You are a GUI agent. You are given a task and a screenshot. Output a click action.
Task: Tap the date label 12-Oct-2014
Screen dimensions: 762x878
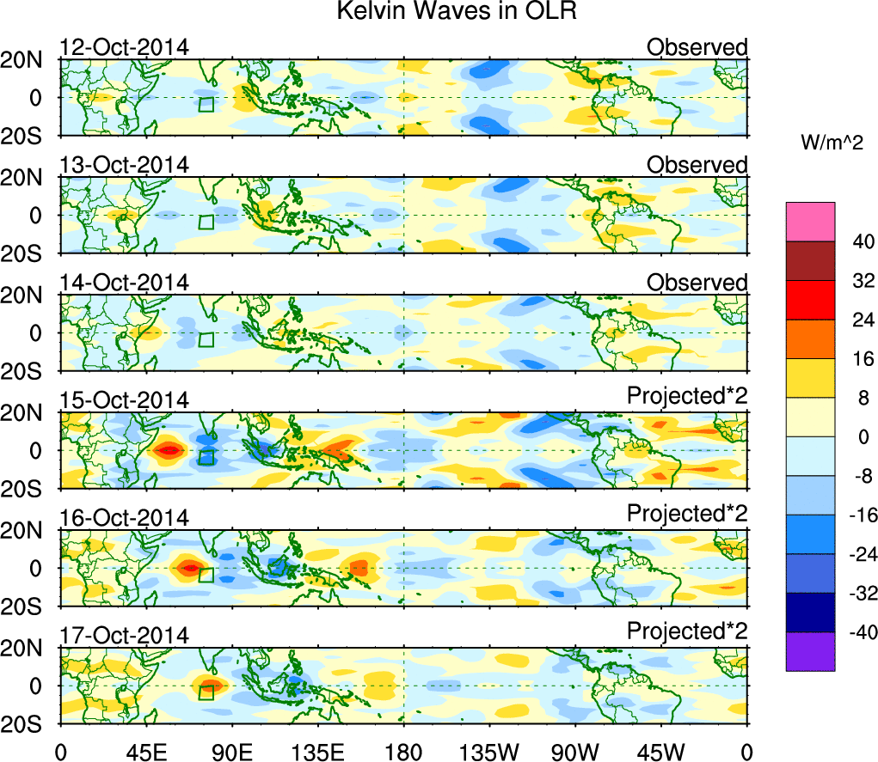(124, 47)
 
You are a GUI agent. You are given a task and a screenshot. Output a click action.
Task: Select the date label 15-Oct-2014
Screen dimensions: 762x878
(124, 400)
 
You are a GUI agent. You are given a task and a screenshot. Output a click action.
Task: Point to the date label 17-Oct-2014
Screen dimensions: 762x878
(124, 636)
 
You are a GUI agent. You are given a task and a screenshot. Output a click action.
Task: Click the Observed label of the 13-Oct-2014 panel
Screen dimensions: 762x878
(697, 165)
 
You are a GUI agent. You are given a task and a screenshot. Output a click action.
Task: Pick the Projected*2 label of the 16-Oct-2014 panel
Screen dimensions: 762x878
(687, 518)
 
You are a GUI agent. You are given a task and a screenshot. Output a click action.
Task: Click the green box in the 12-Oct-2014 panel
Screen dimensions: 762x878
(206, 104)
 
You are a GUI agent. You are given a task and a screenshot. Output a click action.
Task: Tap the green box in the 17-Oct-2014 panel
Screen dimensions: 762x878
(206, 692)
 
